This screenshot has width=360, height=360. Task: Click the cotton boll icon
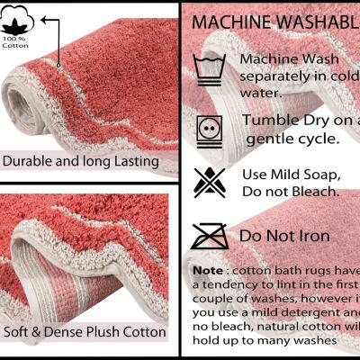click(15, 20)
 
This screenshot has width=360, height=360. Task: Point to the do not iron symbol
click(210, 237)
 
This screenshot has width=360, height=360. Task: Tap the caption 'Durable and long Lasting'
click(80, 162)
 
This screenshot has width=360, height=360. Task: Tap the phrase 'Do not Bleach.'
click(289, 191)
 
